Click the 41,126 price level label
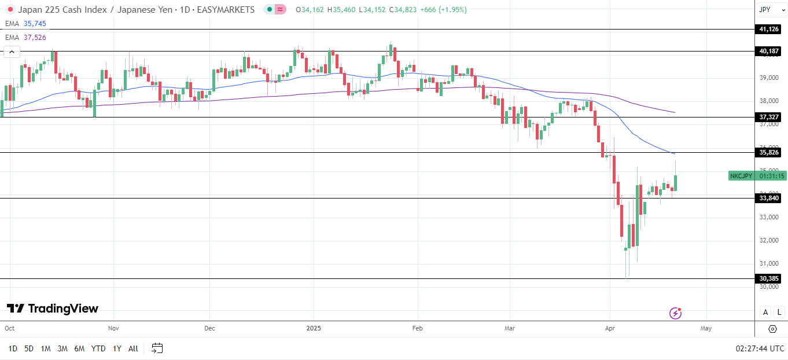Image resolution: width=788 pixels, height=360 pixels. click(x=769, y=29)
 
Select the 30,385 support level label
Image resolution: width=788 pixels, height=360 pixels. click(x=769, y=278)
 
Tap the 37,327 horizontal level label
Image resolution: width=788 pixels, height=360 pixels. click(x=769, y=117)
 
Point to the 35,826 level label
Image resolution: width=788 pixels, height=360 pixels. click(x=769, y=152)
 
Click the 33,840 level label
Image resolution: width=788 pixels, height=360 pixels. click(x=769, y=198)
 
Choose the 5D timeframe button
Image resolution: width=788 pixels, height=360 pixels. click(x=29, y=348)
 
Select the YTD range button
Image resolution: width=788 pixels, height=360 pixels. click(x=98, y=348)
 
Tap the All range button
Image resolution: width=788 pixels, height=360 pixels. click(x=133, y=348)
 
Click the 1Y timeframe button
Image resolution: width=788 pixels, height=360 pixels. click(x=117, y=348)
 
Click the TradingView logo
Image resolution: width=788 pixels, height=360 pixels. click(x=53, y=308)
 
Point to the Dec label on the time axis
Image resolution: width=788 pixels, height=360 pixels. click(x=209, y=328)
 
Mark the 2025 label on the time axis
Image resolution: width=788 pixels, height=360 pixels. click(x=313, y=328)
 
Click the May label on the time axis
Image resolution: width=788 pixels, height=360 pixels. click(x=705, y=328)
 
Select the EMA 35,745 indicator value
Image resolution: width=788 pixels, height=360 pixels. click(x=35, y=24)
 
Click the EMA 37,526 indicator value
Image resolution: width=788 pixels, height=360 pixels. click(x=35, y=37)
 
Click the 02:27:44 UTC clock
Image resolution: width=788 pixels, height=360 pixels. click(x=760, y=348)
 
